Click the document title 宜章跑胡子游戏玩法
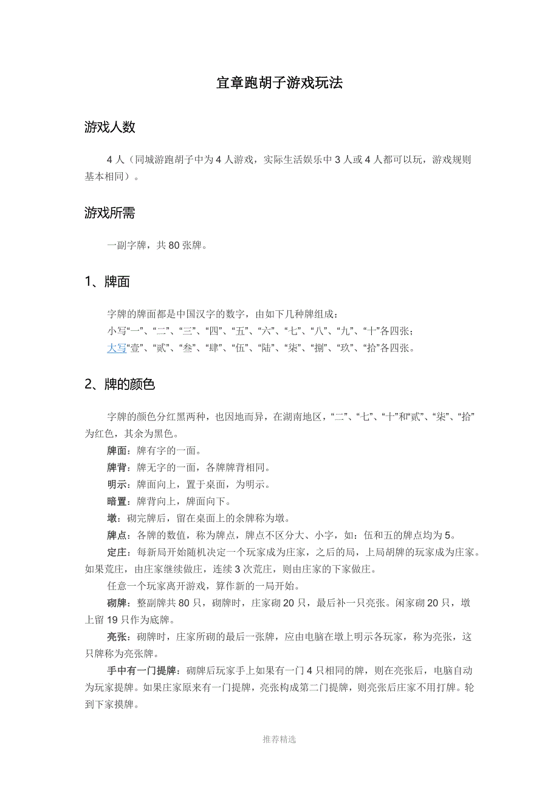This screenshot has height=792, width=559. (279, 83)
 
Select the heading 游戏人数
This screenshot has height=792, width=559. (109, 127)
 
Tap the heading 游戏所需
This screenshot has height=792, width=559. (109, 213)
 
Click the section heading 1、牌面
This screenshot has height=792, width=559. (107, 282)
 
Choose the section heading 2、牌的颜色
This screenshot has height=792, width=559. (120, 384)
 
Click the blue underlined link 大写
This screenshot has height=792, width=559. (117, 349)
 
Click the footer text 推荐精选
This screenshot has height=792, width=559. (279, 740)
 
